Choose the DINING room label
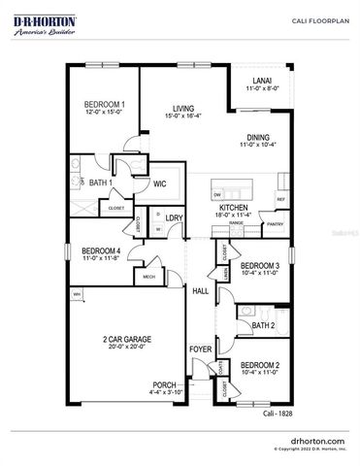coord(257,138)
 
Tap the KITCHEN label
coord(233,208)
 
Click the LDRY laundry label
coord(175,218)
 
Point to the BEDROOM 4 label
coord(100,250)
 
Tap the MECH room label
coord(149,275)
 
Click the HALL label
coord(201,290)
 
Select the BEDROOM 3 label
coord(260,266)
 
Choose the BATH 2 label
coord(266,324)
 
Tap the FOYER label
coord(200,348)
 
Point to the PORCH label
coord(164,385)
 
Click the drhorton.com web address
coord(311,440)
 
